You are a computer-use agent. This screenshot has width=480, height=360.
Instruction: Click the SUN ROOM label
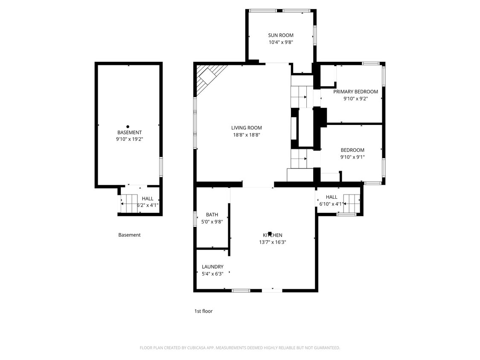[281, 35]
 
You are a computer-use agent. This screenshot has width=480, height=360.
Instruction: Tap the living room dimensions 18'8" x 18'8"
[246, 135]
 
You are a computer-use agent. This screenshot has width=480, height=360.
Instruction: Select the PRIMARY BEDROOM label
[355, 92]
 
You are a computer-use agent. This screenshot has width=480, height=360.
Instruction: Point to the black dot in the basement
[128, 126]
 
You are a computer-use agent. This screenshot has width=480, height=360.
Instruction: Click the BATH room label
[212, 215]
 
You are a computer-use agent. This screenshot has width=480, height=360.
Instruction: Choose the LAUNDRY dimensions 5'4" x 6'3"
[212, 274]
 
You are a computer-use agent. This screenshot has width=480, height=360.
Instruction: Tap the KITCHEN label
[272, 235]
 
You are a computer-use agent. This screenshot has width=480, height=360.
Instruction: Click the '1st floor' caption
[204, 311]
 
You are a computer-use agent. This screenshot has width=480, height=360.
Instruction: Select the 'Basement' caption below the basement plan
[129, 235]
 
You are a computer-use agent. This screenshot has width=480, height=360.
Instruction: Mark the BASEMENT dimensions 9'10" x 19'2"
[130, 139]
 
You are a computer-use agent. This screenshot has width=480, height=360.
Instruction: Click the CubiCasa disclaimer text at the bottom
[240, 348]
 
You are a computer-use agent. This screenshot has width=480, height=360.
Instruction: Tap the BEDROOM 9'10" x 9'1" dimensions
[352, 157]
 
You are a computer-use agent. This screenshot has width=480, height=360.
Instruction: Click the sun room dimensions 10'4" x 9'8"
[281, 42]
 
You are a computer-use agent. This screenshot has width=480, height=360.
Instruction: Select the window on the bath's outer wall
[195, 218]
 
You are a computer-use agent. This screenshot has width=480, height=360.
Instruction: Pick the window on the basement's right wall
[161, 167]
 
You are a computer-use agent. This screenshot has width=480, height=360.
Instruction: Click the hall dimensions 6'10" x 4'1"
[332, 204]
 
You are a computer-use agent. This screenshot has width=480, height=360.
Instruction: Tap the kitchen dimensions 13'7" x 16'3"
[272, 242]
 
